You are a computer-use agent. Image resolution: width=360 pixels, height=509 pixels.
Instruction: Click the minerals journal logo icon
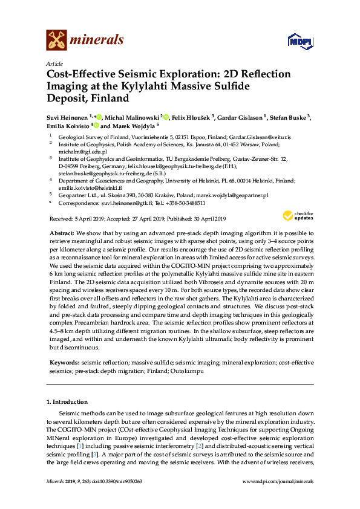point(56,41)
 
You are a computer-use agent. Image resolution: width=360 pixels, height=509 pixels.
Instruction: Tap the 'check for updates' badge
point(297,216)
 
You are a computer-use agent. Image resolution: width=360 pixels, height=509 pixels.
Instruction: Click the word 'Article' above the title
point(55,63)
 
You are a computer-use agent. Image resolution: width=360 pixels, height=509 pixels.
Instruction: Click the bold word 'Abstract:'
point(62,233)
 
